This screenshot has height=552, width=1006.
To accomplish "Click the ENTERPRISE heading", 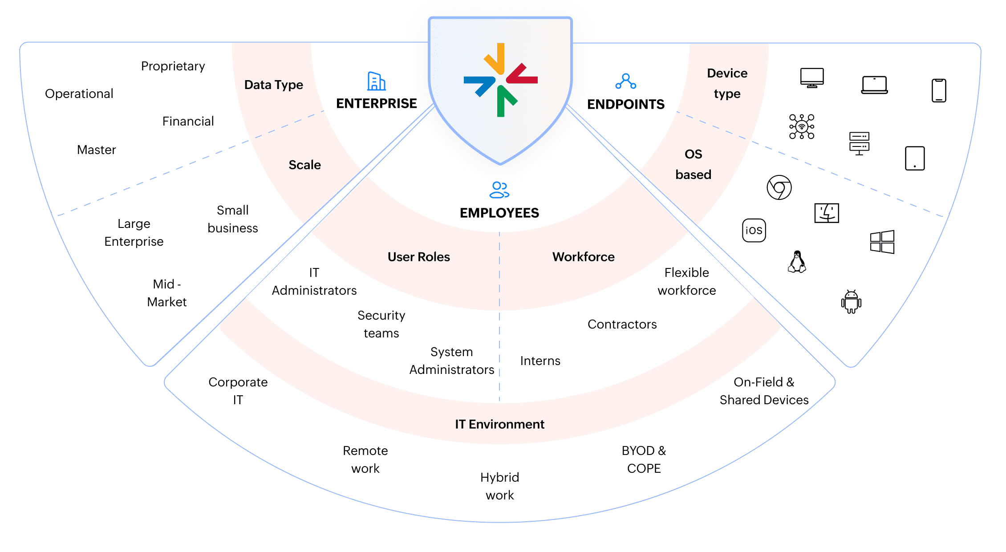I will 376,103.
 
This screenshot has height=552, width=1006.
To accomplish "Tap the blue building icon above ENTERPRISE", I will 376,81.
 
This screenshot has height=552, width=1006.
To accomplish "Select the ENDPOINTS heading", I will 625,104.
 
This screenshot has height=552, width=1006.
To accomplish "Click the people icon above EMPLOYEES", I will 499,190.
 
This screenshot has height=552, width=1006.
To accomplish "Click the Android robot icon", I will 851,302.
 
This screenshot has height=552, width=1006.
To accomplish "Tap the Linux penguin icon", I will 797,261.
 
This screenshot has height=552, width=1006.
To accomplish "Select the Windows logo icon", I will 882,242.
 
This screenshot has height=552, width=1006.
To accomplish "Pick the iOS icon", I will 754,230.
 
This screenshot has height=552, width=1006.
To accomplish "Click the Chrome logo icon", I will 779,187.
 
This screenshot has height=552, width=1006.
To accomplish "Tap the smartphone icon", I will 939,90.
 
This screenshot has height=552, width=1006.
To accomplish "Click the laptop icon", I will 874,85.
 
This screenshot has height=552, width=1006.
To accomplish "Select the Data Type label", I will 273,85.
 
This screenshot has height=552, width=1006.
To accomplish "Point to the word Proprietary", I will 173,66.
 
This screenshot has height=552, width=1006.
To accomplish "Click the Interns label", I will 540,361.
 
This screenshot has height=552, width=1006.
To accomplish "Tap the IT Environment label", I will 499,424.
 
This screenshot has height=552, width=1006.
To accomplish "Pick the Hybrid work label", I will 499,486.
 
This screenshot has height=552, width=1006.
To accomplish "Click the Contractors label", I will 622,324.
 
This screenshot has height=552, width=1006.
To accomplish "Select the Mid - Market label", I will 167,293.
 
